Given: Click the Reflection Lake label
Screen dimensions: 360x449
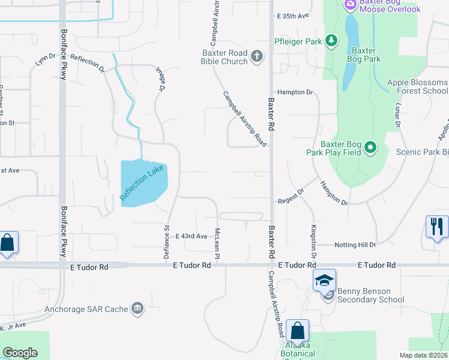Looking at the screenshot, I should pyautogui.click(x=142, y=182).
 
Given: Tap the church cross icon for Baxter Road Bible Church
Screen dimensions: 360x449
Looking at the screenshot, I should pyautogui.click(x=257, y=57).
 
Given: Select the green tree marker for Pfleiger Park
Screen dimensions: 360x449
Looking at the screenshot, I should pyautogui.click(x=331, y=41).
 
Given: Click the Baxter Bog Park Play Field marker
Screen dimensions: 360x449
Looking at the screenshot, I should pyautogui.click(x=370, y=148).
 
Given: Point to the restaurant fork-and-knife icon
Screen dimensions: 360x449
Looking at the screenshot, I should pyautogui.click(x=436, y=227).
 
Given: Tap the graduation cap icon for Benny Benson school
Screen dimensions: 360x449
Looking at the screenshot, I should pyautogui.click(x=324, y=280).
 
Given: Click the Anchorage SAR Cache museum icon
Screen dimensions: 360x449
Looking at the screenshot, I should pyautogui.click(x=137, y=309).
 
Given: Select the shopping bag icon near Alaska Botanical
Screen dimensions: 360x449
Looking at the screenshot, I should pyautogui.click(x=297, y=331).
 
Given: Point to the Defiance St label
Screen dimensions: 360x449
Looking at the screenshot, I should pyautogui.click(x=167, y=241).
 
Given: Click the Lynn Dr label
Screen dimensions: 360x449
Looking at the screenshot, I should pyautogui.click(x=44, y=59).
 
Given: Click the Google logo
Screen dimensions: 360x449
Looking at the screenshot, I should pyautogui.click(x=20, y=353).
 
